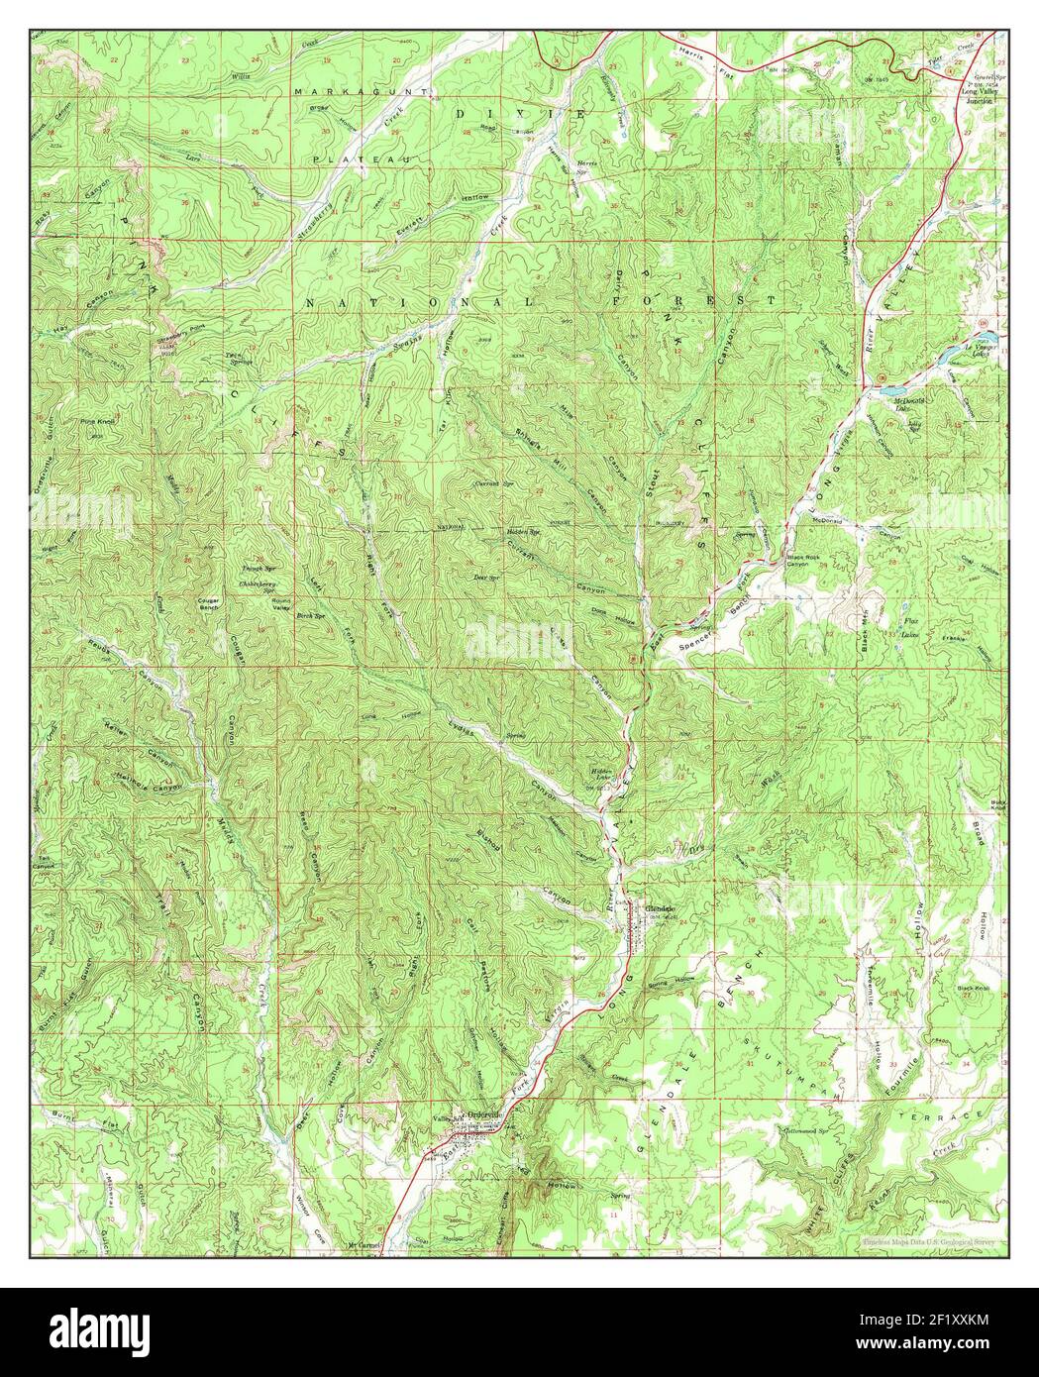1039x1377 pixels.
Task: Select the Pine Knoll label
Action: point(95,422)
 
